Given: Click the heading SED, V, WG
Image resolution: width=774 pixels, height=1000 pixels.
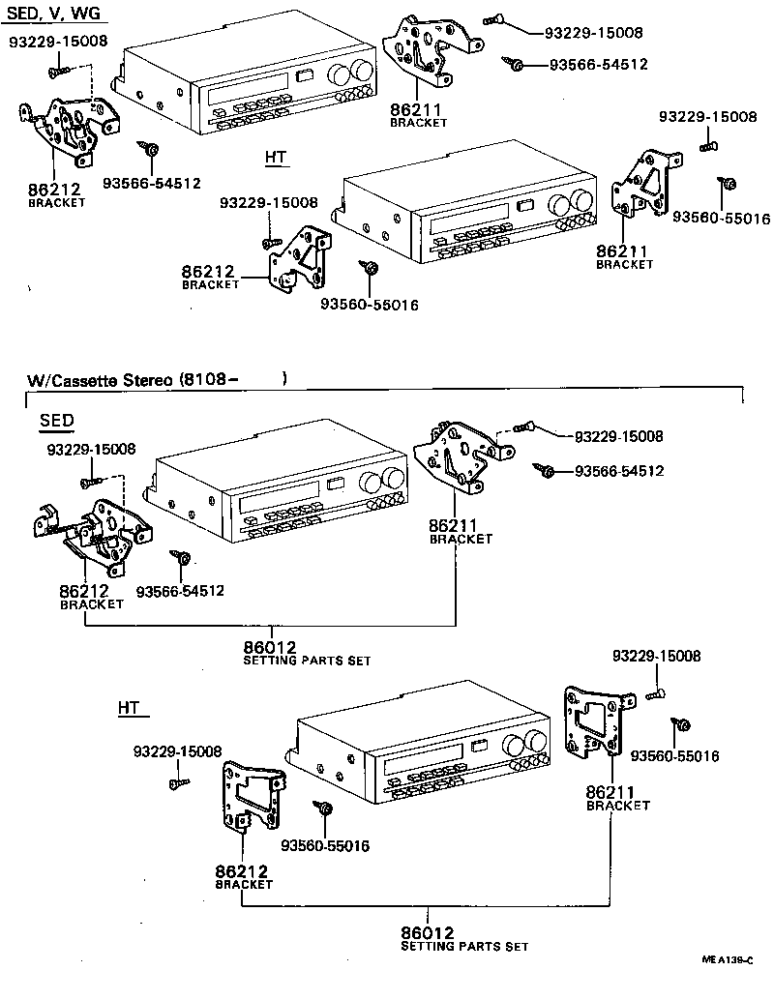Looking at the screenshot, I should point(56,14).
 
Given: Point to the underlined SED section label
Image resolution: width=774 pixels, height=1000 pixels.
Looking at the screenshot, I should point(57,422).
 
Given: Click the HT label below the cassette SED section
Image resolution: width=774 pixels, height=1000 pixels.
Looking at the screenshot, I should point(130,708).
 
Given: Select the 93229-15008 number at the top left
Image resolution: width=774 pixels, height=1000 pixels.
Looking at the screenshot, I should point(58,42).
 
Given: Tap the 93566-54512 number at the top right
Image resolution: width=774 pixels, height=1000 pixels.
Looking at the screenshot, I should point(596,65).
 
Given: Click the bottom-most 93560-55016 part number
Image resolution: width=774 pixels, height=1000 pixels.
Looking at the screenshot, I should point(325,846).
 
